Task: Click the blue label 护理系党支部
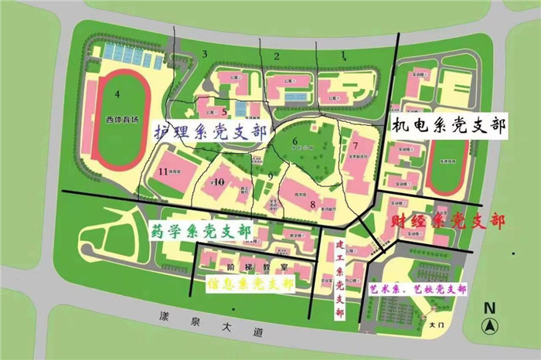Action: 209,131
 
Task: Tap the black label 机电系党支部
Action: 448,126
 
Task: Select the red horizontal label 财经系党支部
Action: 447,222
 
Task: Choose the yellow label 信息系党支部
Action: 240,284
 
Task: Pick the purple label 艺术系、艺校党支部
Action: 418,289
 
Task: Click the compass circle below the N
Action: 488,326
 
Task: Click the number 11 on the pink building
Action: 163,171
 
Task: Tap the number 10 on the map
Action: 219,182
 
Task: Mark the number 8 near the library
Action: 313,204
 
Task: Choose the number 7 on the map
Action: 355,145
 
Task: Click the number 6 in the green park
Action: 294,141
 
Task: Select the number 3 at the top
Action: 205,53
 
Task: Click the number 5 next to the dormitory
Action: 223,110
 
